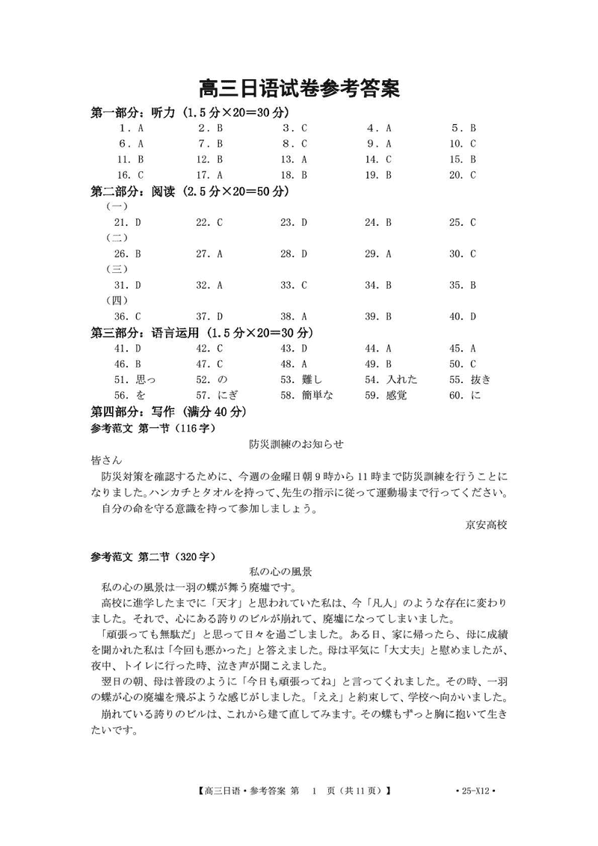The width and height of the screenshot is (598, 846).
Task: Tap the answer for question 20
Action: pos(473,175)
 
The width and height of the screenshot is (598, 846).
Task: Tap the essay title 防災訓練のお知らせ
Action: pos(297,444)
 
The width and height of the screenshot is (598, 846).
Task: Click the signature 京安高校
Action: pos(486,525)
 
